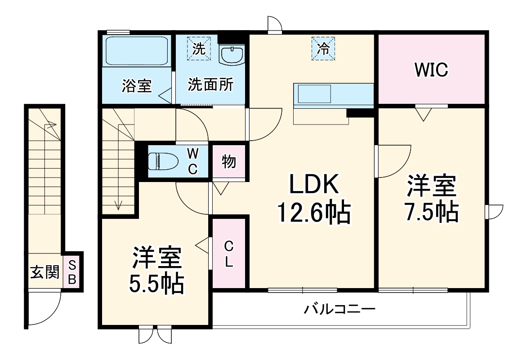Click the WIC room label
click(431, 70)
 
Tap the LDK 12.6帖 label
click(313, 200)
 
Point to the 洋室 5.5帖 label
click(157, 270)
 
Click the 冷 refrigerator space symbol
click(323, 49)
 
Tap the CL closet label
click(229, 254)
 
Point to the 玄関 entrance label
click(45, 272)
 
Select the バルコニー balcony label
click(339, 309)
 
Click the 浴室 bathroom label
click(136, 86)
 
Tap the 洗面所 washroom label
click(210, 85)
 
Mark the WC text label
click(192, 161)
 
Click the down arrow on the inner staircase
click(119, 204)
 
